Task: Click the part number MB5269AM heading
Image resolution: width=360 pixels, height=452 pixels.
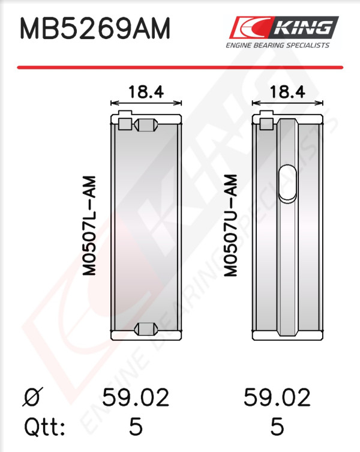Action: point(95,29)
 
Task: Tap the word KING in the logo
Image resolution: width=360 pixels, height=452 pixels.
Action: point(302,28)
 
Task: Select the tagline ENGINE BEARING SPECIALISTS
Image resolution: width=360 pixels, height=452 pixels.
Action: point(277,45)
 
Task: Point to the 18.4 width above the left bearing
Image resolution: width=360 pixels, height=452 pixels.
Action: point(146,92)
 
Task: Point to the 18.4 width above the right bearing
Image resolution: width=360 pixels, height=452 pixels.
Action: point(287,92)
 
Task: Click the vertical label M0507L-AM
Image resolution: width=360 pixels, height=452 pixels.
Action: point(89,226)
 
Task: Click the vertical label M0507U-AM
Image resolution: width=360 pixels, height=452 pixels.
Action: point(230,226)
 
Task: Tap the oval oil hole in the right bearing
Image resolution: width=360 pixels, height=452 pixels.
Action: point(287,184)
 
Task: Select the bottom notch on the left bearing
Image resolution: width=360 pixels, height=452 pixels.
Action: point(146,329)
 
